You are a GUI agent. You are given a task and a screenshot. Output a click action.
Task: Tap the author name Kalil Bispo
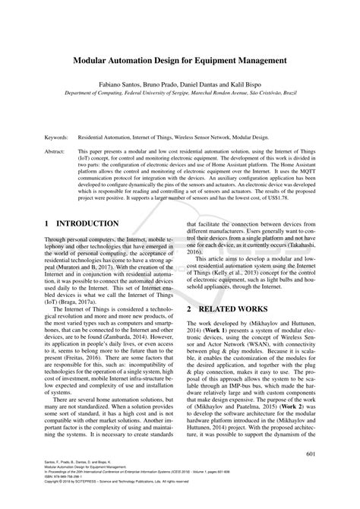tap(247, 80)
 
